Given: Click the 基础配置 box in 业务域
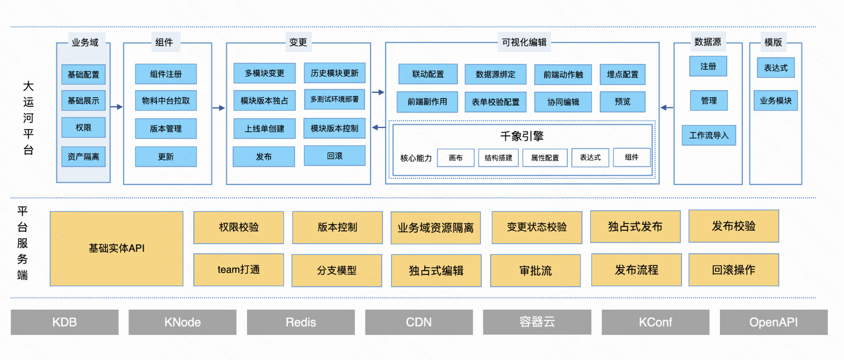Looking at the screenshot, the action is [84, 75].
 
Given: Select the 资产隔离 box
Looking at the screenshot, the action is [84, 157].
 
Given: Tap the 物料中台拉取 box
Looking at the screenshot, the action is [166, 100].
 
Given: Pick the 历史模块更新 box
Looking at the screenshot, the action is [335, 73].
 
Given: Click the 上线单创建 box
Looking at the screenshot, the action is [265, 129].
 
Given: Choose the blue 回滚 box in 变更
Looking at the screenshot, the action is [335, 156].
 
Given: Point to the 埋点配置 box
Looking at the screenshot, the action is [622, 75].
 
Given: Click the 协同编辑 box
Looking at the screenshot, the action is [563, 102].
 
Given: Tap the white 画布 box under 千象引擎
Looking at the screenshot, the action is [456, 158].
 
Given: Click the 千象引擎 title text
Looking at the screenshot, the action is [522, 136].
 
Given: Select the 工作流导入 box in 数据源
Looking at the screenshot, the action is [709, 135].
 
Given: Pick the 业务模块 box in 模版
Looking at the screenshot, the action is [776, 100].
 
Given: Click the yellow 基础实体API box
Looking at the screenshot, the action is [116, 249].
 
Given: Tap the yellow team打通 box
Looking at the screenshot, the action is [238, 270].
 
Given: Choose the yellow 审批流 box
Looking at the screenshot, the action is [536, 271].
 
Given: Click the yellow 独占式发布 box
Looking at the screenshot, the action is [635, 227].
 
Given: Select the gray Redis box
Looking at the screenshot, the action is [301, 322].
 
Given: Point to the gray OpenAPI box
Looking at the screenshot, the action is [774, 322].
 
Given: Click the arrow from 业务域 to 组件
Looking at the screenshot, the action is [117, 107].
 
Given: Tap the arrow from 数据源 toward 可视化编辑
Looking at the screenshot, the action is [667, 108].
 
